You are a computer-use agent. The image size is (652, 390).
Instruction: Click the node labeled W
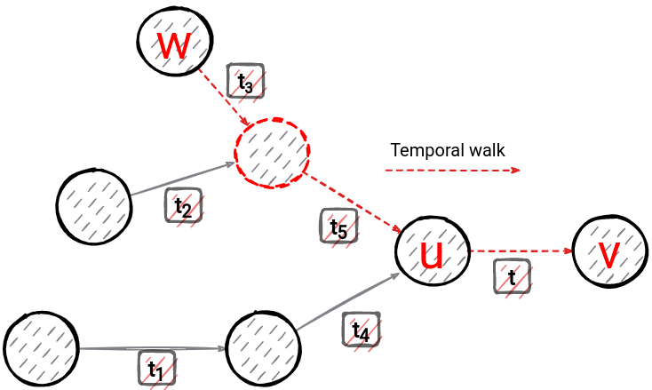pos(174,41)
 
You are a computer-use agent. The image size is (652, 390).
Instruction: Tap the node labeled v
pos(610,251)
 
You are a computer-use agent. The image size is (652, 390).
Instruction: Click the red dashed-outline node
pos(272,153)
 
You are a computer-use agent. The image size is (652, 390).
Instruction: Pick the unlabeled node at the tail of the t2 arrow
pos(93,203)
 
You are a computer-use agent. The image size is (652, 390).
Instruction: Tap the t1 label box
pos(156,367)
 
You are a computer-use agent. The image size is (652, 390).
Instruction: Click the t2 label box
pos(183,206)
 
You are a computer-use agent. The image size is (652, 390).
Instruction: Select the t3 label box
pos(246,81)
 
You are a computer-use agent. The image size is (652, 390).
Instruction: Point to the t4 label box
pos(361,330)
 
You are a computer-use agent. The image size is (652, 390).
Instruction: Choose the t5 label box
pos(338,226)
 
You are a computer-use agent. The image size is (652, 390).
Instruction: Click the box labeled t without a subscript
pos(513,275)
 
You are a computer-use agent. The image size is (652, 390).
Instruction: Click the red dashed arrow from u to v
pos(520,251)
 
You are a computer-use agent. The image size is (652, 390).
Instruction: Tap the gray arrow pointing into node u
pos(346,305)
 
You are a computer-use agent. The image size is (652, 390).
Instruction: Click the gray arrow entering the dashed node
pos(182,179)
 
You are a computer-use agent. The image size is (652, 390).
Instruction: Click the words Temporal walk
pos(448,150)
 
